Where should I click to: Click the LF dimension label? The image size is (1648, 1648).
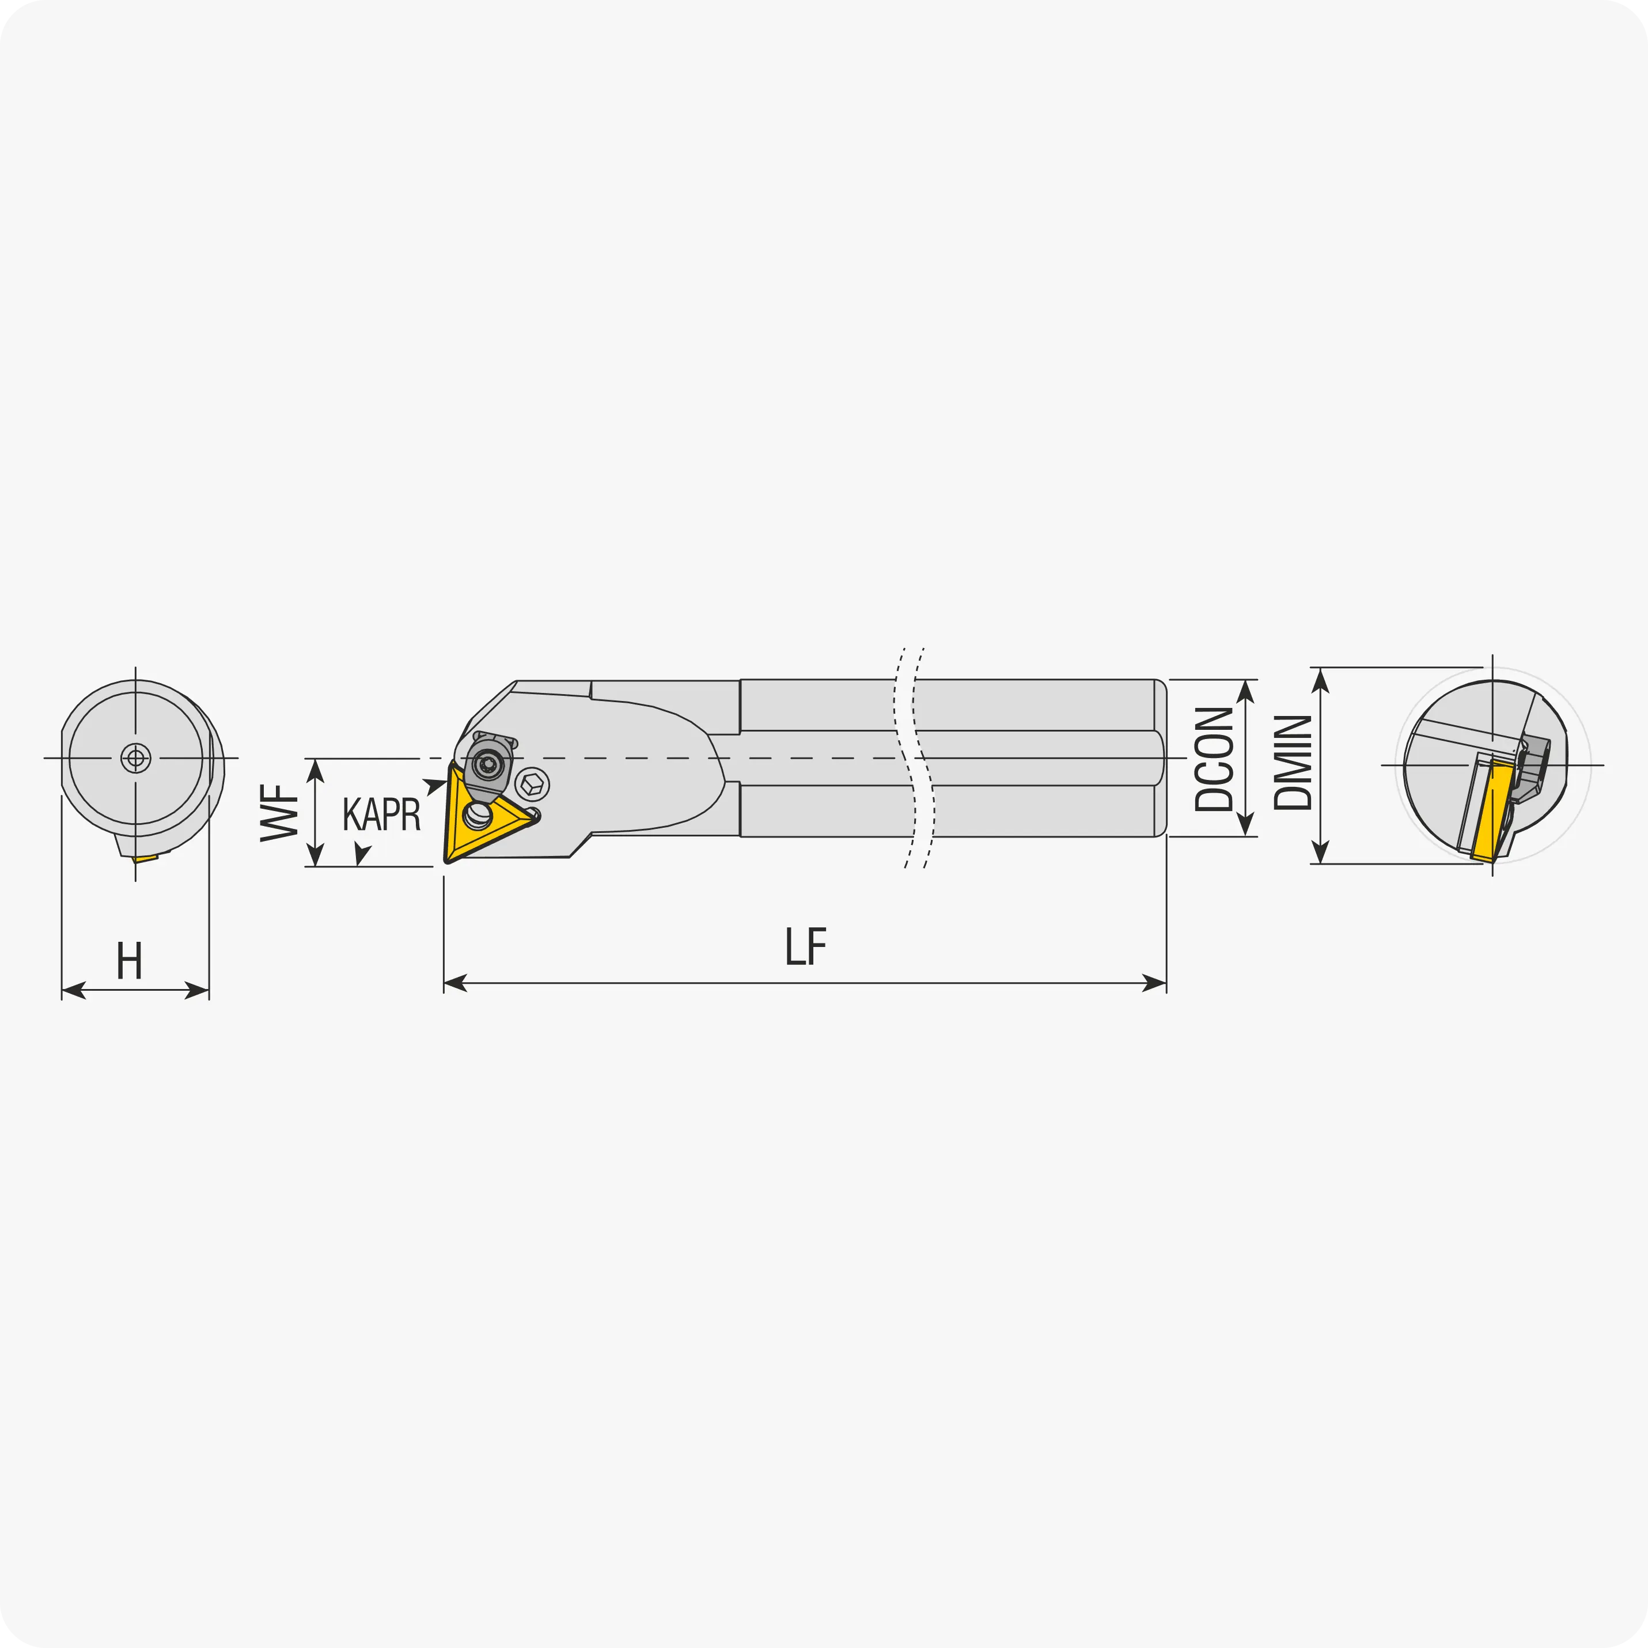[x=806, y=946]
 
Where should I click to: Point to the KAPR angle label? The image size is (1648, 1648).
[x=381, y=814]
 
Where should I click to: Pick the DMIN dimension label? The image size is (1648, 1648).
[x=1292, y=762]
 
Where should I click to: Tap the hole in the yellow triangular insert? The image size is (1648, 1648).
[x=478, y=816]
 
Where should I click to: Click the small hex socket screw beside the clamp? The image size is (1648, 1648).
[x=532, y=783]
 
